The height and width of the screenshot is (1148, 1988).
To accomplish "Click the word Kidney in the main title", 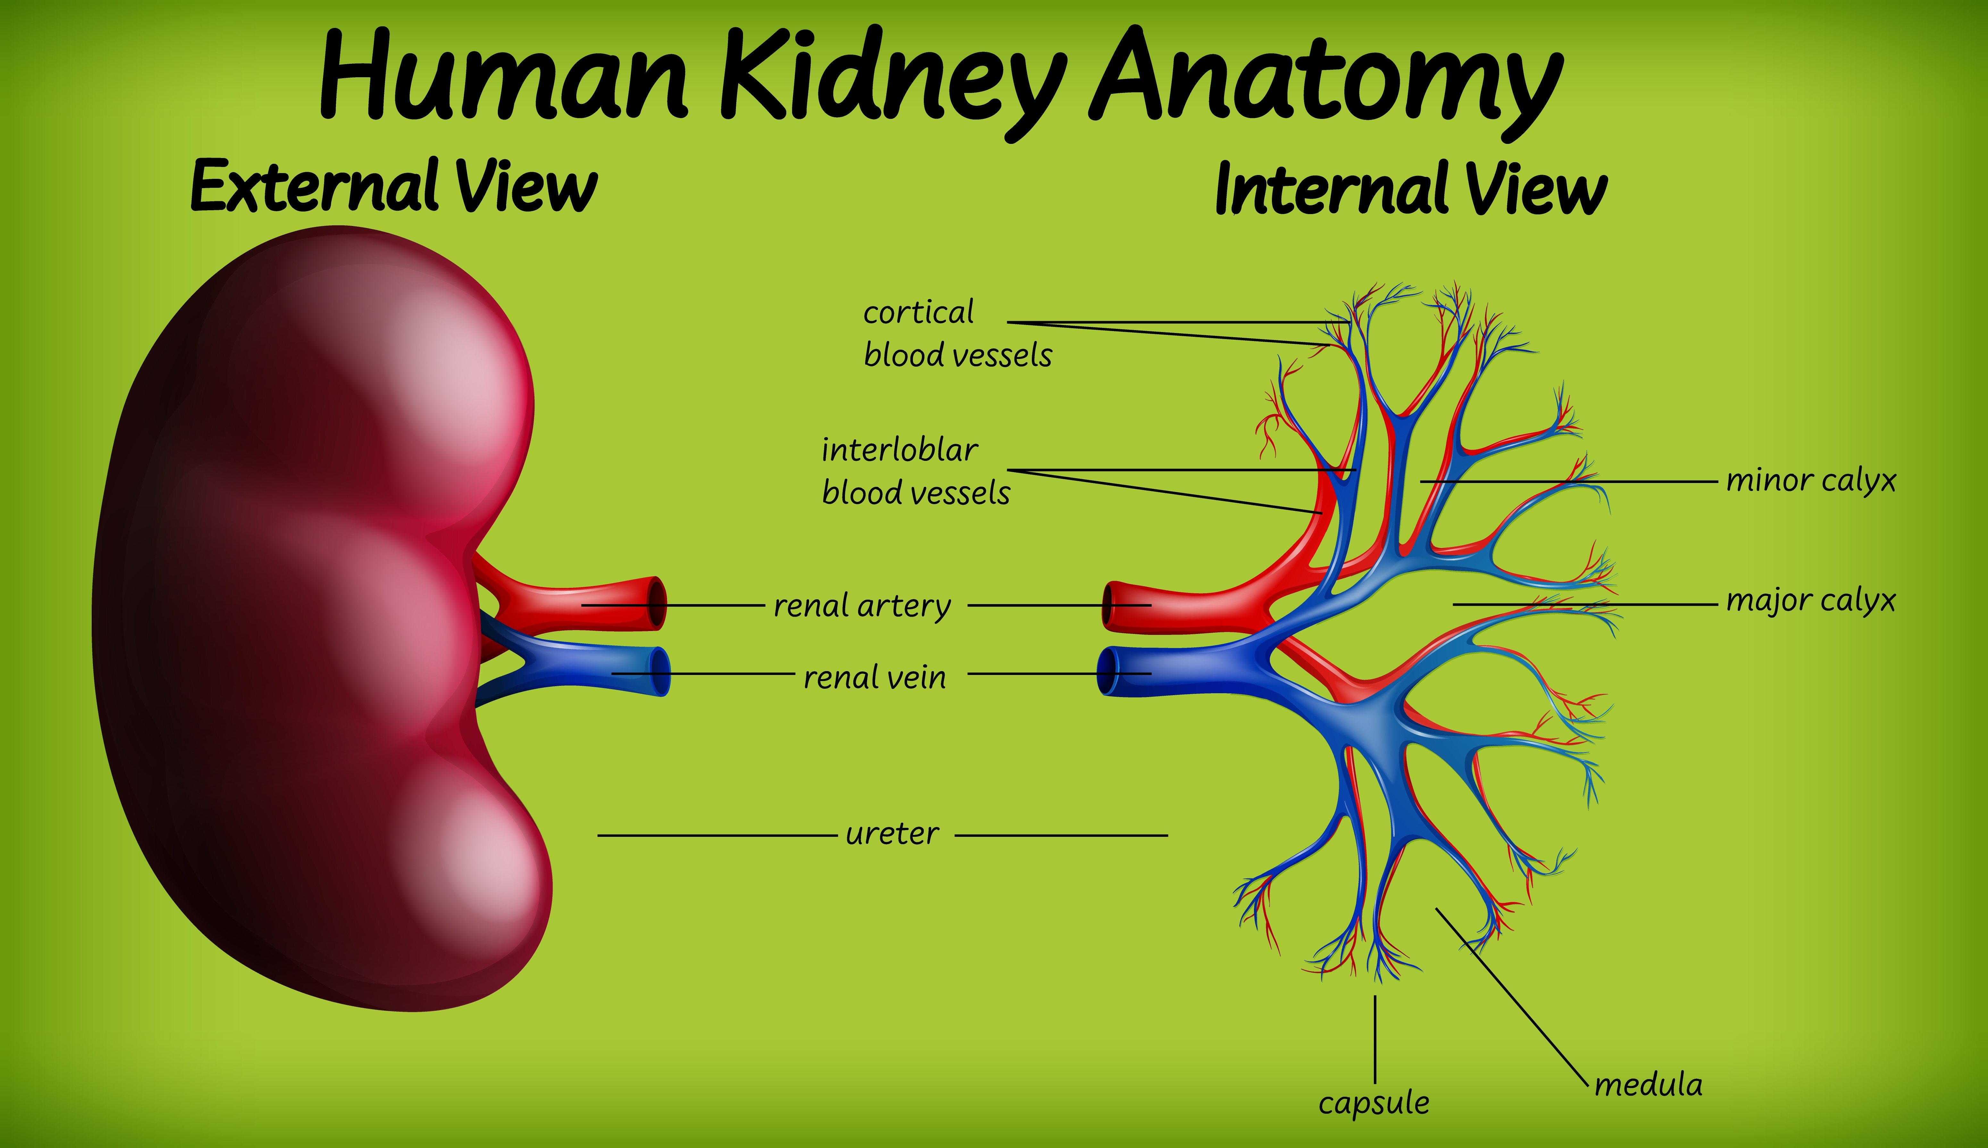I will pos(891,79).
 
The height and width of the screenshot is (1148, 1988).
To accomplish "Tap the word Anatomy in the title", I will pos(1325,79).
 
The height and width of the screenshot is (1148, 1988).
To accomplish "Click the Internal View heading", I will pos(1410,189).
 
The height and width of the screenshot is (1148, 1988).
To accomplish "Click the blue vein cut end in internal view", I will pos(1107,672).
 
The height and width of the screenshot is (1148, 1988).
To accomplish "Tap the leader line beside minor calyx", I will pos(1569,481).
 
